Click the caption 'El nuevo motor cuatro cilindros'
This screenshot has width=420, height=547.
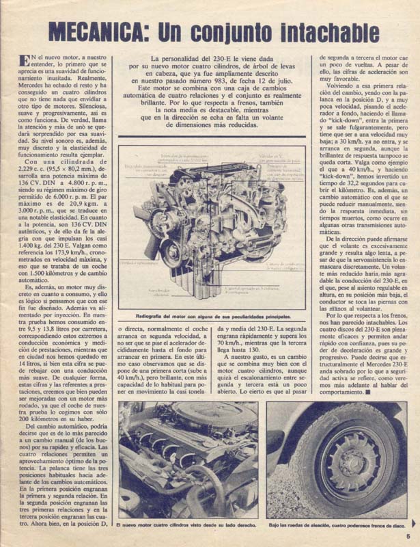coord(187,524)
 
